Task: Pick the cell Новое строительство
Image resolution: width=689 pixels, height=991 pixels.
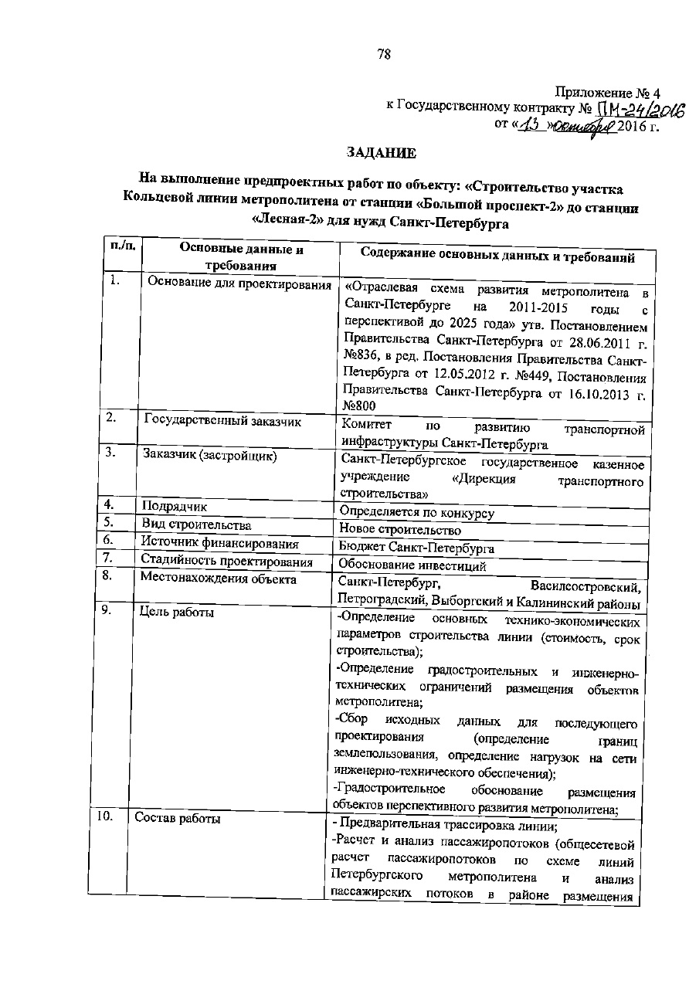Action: pos(400,531)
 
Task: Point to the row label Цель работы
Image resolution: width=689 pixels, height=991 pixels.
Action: pos(177,613)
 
